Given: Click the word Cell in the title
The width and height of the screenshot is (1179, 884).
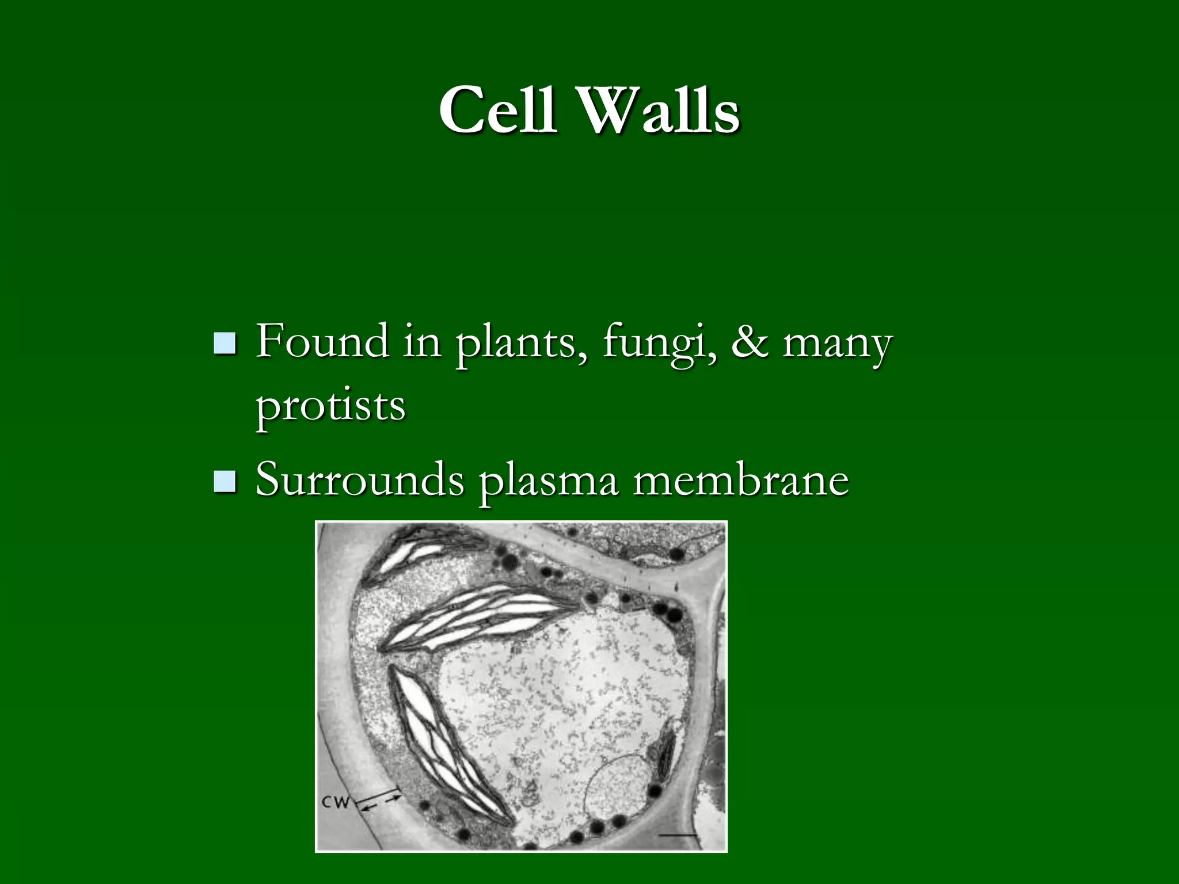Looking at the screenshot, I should click(x=497, y=109).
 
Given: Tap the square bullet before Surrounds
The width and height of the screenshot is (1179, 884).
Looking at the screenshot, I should click(x=225, y=481).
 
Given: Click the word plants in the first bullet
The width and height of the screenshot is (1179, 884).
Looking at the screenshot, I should click(x=516, y=344).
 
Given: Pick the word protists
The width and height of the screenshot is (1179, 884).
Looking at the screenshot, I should click(x=331, y=406).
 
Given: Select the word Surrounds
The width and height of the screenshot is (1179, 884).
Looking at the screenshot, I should click(x=360, y=480).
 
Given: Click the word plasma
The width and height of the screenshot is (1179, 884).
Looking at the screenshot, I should click(x=549, y=482).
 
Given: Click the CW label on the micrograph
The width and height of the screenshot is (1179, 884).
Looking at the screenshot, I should click(x=336, y=802).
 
